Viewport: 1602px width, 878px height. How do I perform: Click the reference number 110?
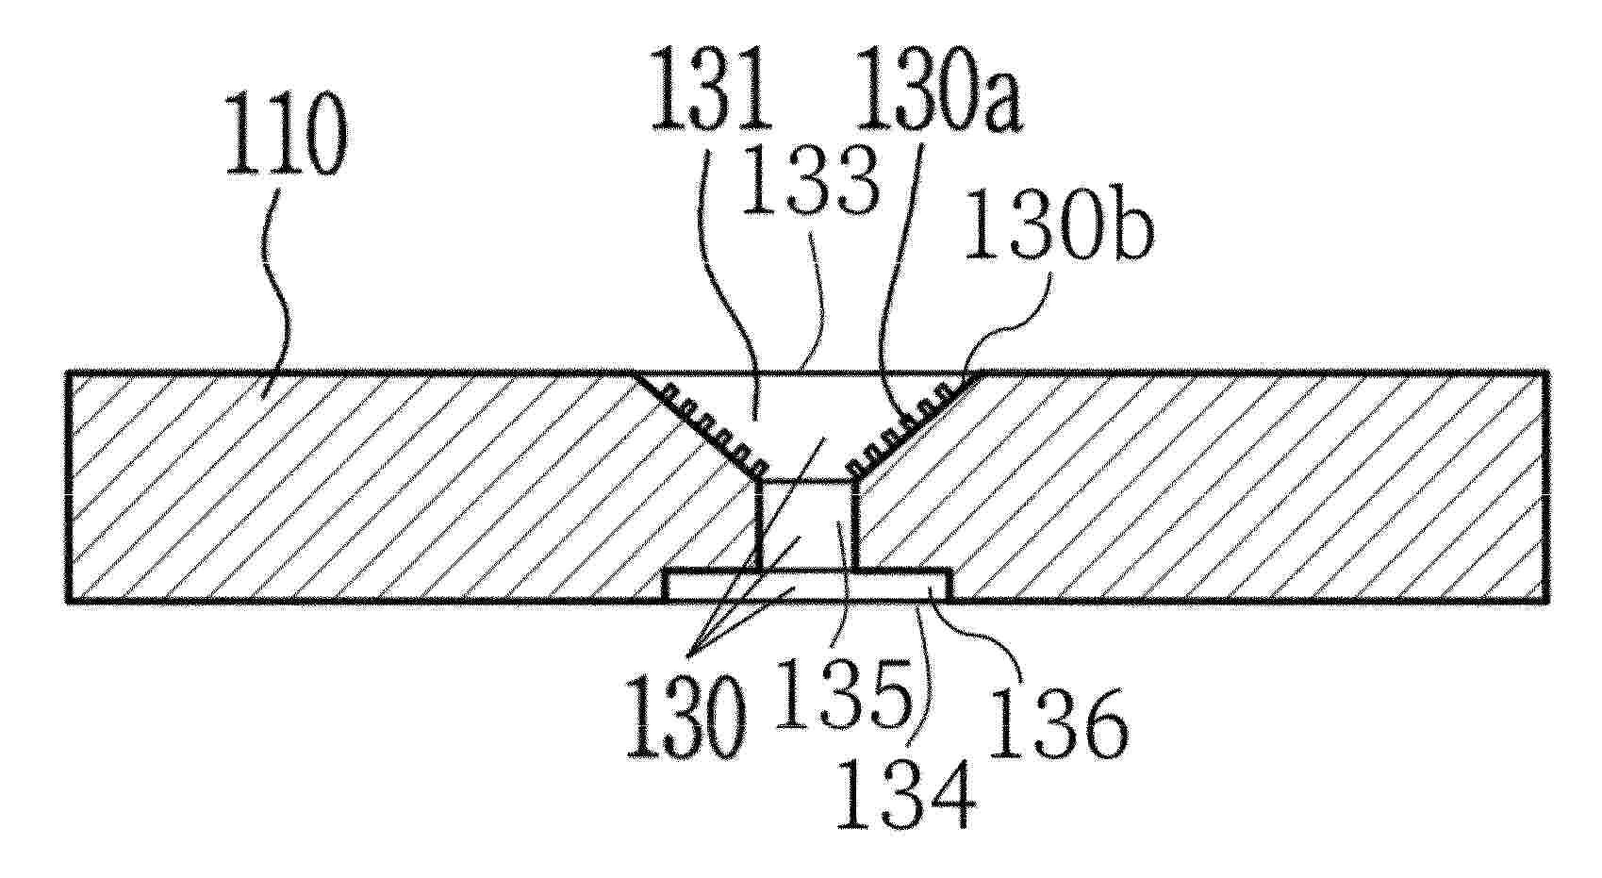[x=286, y=137]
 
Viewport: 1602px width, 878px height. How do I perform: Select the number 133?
[x=810, y=179]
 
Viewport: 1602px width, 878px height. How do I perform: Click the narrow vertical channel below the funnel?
[x=807, y=525]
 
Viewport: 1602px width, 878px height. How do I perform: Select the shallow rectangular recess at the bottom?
[x=807, y=586]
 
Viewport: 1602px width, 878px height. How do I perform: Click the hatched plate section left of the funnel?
[x=357, y=487]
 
